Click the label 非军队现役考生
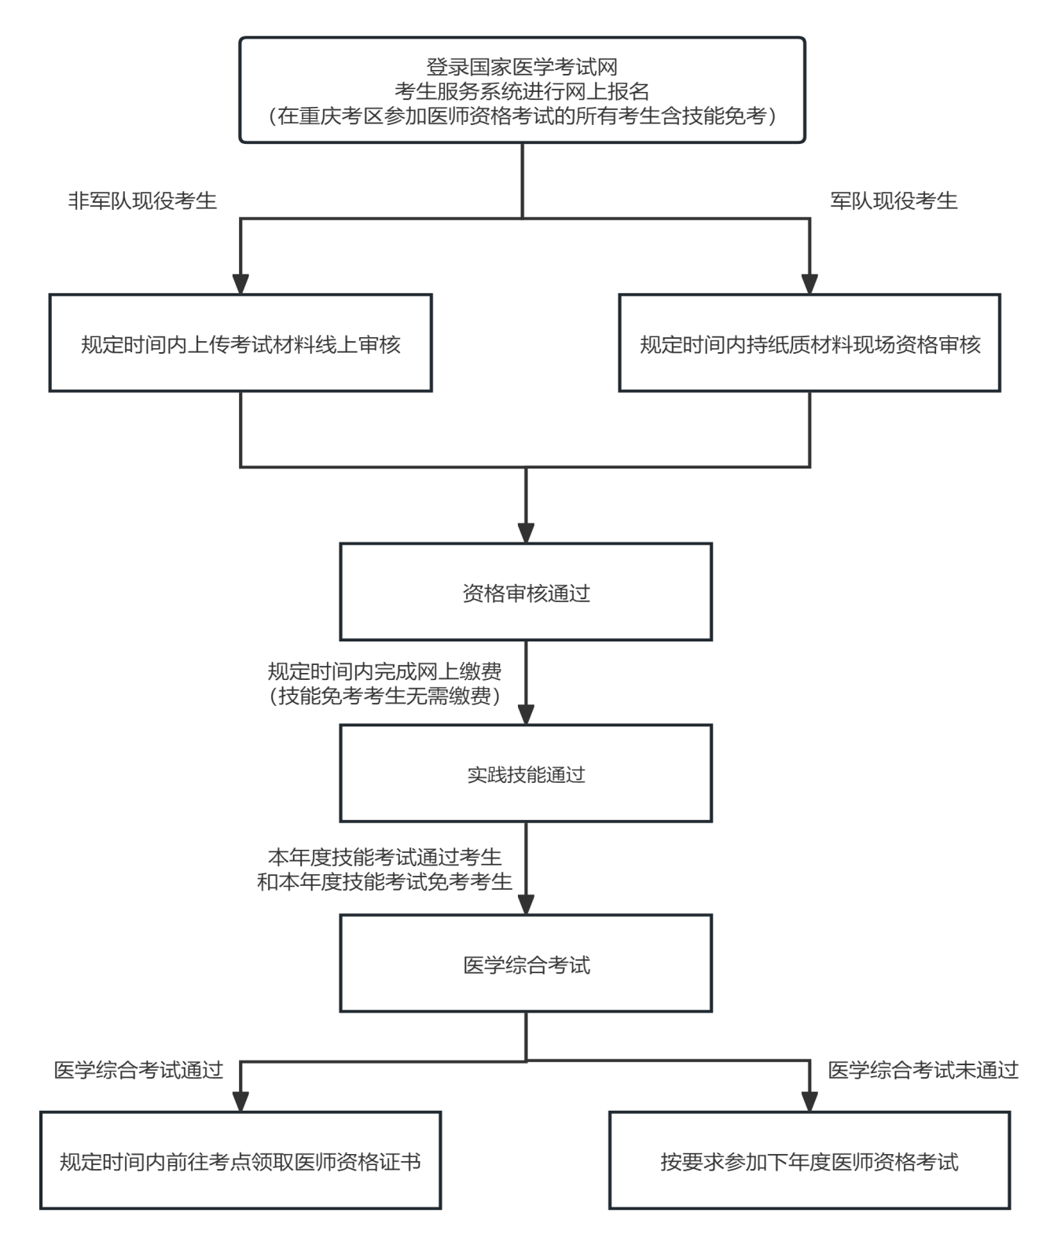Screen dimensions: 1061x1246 142,201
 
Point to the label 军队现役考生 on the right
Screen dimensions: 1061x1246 894,201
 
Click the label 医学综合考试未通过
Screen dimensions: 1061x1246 923,1070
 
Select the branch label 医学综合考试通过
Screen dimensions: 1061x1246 139,1070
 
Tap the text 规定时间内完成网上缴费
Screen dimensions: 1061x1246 385,671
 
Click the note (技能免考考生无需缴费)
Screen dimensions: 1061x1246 385,697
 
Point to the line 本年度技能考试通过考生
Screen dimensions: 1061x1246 385,857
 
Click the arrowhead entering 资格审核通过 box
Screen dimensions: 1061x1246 526,532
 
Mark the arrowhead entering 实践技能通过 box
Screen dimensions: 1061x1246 526,714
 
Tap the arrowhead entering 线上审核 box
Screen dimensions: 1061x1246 240,284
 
